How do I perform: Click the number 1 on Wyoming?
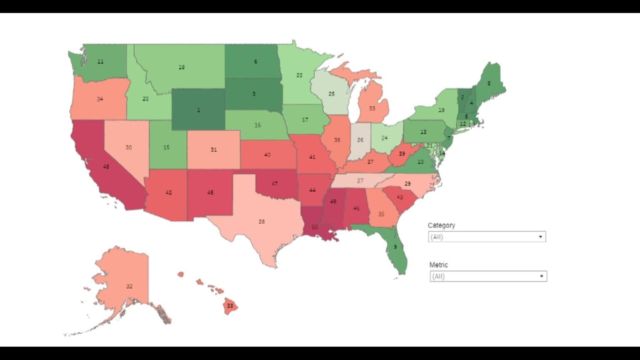click(x=198, y=110)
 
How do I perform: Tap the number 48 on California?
click(x=106, y=167)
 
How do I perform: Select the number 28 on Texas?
click(x=262, y=222)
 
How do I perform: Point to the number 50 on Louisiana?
click(x=315, y=227)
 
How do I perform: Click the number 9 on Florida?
click(x=395, y=247)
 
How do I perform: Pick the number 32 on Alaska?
click(x=129, y=286)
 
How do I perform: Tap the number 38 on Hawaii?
click(x=230, y=306)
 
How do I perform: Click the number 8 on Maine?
click(x=489, y=83)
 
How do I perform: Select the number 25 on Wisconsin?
click(x=332, y=94)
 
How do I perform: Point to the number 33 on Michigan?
click(x=372, y=108)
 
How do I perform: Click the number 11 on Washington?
click(x=100, y=62)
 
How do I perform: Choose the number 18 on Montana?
click(x=182, y=67)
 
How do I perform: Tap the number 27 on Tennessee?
click(x=360, y=181)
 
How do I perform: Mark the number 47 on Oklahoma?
click(x=275, y=184)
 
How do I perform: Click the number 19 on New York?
click(x=442, y=110)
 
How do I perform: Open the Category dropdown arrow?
click(x=540, y=237)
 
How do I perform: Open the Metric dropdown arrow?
click(x=541, y=276)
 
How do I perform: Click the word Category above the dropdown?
click(x=441, y=225)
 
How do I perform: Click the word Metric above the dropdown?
click(x=438, y=265)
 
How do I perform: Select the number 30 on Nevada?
click(x=129, y=147)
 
